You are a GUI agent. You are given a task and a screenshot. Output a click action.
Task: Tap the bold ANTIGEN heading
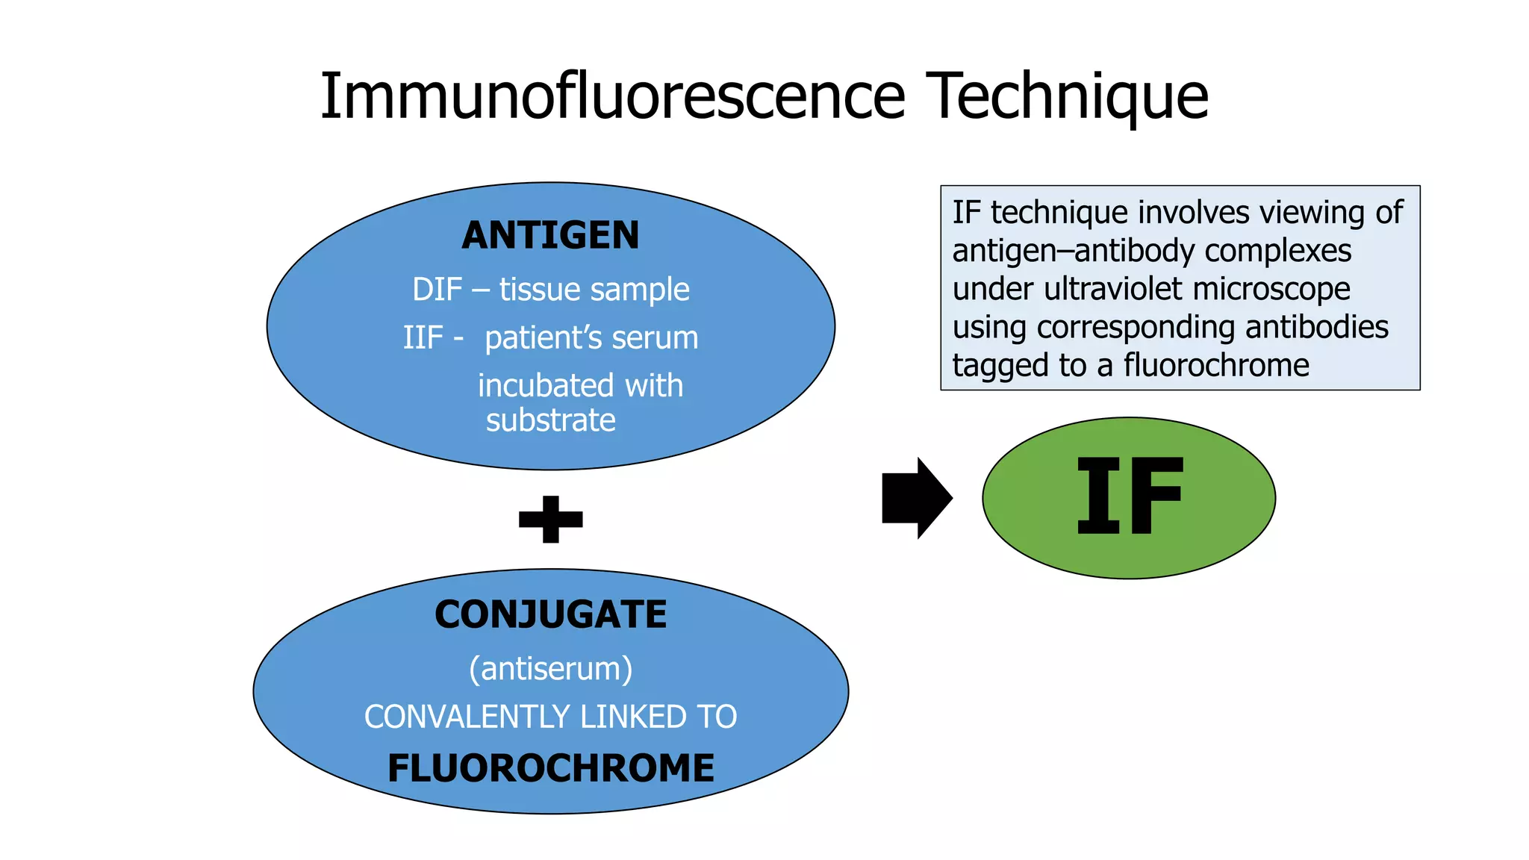point(550,235)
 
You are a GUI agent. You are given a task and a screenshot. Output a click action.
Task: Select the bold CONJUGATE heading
point(550,614)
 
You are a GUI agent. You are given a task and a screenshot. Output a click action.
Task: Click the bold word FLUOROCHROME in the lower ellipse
point(550,768)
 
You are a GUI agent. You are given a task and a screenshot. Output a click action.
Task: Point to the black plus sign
point(550,519)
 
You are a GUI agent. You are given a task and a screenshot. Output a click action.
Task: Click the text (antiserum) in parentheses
point(550,668)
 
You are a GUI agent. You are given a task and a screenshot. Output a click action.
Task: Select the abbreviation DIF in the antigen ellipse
point(437,290)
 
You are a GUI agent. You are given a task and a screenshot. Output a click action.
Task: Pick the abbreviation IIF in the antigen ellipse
point(423,337)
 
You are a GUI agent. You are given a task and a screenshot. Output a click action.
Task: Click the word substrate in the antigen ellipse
point(550,420)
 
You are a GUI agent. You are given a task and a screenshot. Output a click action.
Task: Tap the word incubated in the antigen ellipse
point(546,386)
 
